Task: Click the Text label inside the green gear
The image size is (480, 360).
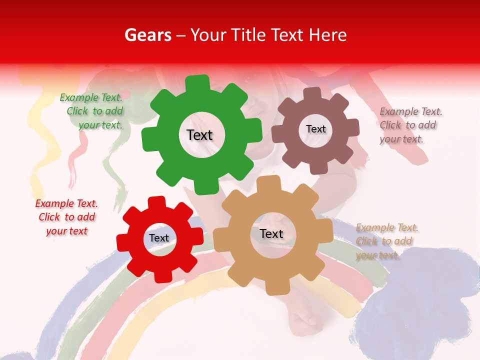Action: point(199,135)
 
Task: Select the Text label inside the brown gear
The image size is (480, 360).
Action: point(315,129)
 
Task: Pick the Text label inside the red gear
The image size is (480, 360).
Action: point(159,238)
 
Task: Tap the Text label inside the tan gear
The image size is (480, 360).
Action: point(271,233)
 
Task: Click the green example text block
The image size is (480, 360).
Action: point(92,111)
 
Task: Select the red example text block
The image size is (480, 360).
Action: point(66,217)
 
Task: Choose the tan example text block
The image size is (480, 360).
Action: point(387,241)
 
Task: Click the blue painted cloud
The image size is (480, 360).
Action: point(420,295)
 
